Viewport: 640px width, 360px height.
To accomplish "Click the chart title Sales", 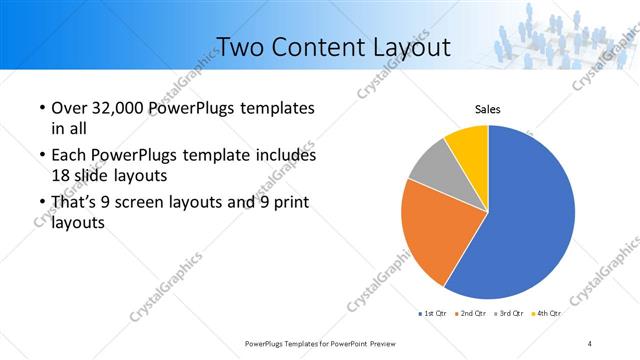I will (487, 110).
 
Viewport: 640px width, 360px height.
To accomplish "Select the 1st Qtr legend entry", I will (432, 314).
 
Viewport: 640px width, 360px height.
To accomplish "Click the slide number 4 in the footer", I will (589, 343).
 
